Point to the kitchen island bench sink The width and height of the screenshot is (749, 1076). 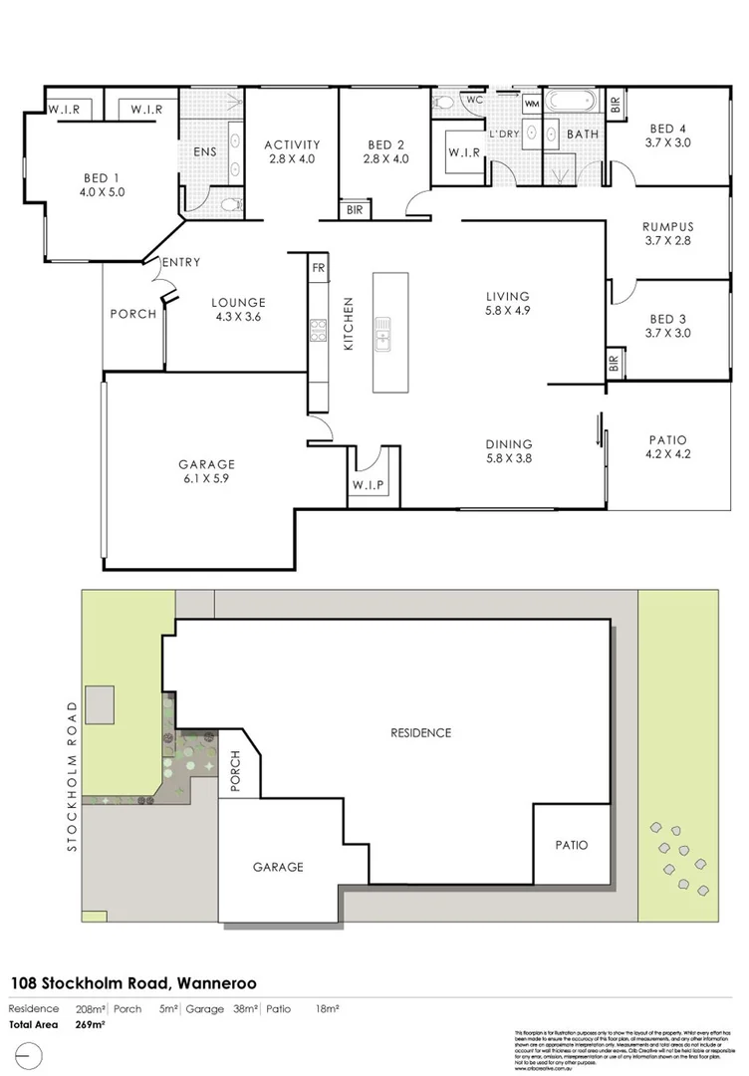tap(383, 333)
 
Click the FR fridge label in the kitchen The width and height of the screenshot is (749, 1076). tap(319, 268)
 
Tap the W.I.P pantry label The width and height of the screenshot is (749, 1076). tap(368, 486)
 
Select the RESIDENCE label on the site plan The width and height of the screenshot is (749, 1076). tap(421, 732)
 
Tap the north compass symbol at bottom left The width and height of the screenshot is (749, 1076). tap(30, 1055)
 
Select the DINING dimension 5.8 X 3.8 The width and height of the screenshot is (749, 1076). tap(508, 459)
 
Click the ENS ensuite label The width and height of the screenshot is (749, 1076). tap(206, 152)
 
